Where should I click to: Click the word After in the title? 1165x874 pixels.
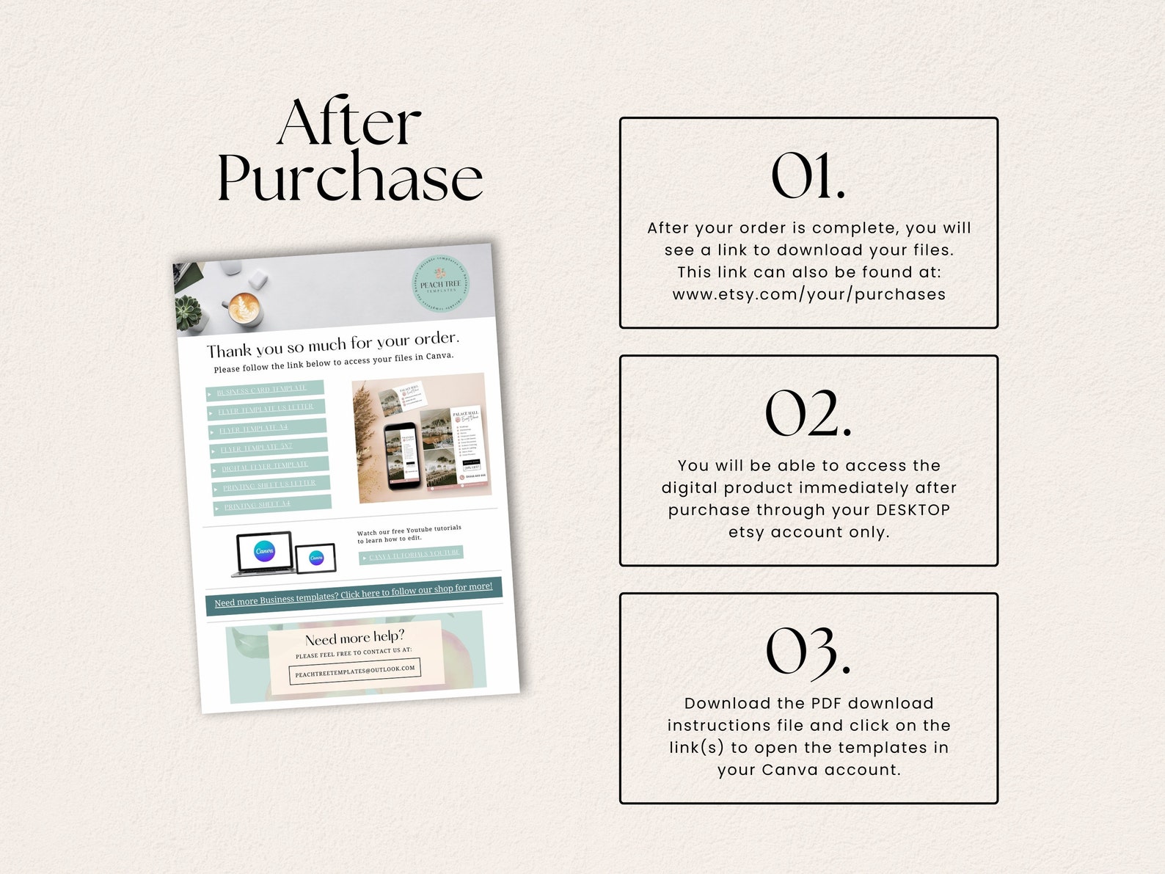[x=349, y=123]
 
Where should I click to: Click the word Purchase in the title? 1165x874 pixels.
[x=349, y=178]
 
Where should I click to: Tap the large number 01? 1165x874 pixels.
[x=808, y=176]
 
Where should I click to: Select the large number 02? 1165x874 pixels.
[x=808, y=414]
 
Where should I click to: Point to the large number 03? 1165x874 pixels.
[x=808, y=652]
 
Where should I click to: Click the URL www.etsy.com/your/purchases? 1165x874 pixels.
[x=808, y=294]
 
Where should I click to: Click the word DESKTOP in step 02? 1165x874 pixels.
[x=913, y=510]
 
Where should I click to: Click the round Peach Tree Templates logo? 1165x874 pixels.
[x=440, y=285]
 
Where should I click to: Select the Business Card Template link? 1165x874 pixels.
[x=264, y=390]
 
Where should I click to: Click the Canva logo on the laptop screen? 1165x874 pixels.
[x=265, y=551]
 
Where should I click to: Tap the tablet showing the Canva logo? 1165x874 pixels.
[x=315, y=558]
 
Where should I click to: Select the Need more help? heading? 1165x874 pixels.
[x=354, y=638]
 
